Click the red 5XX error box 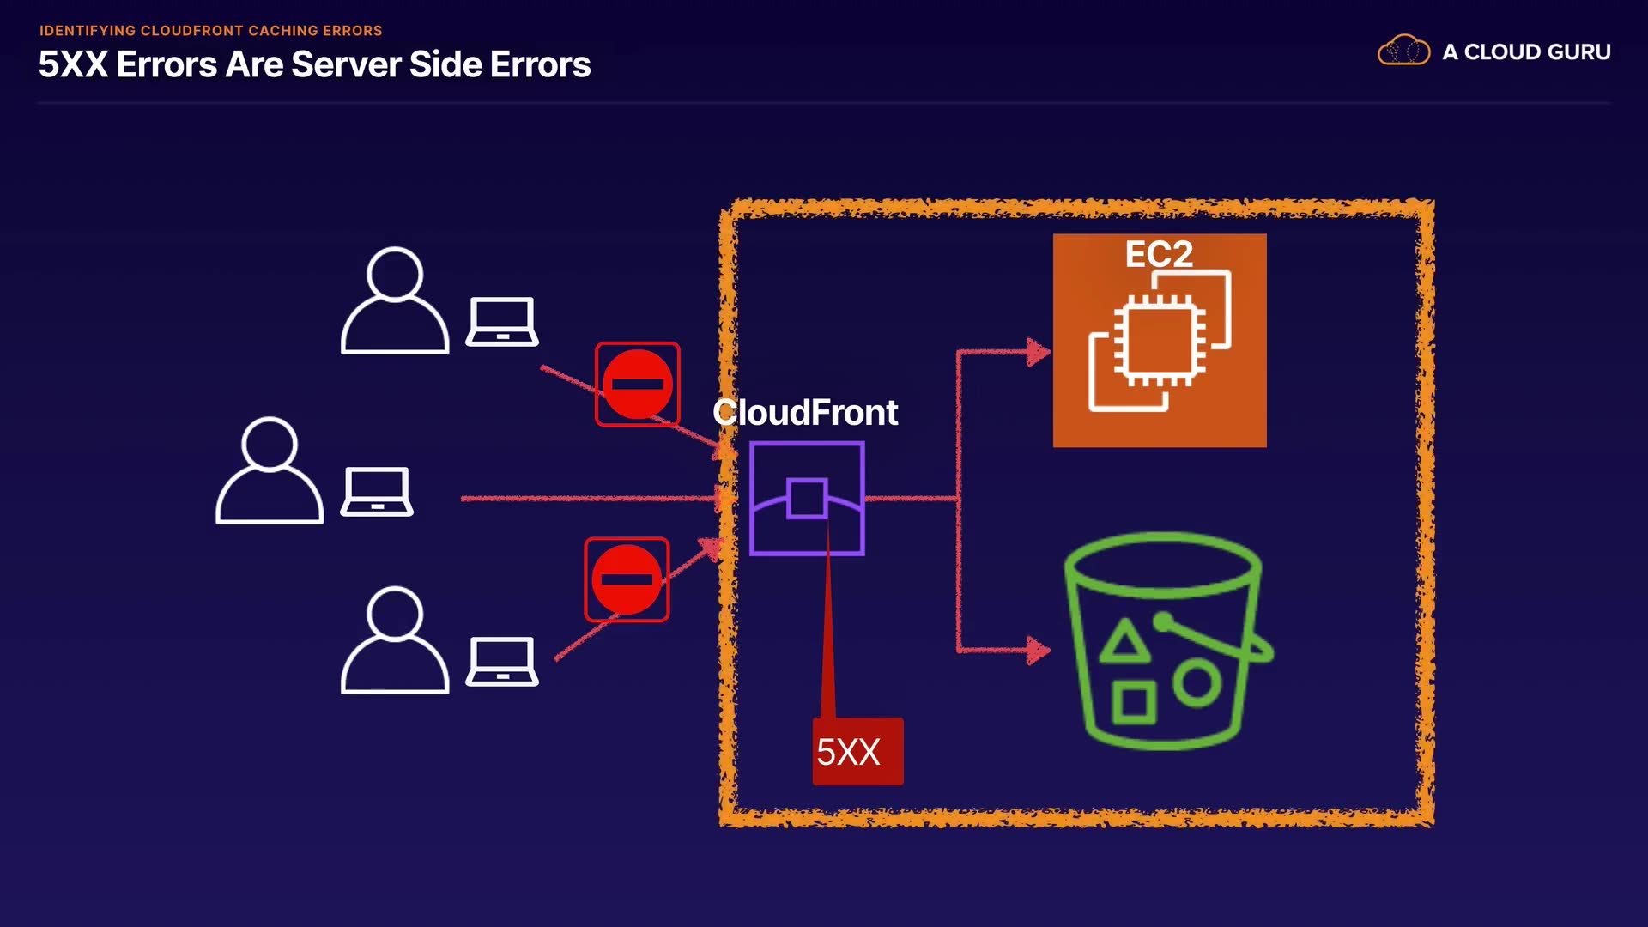(x=857, y=751)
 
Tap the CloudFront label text (x=805, y=413)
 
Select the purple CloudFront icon (x=807, y=499)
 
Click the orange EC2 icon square (x=1160, y=341)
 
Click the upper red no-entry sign (x=638, y=384)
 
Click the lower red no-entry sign (x=627, y=579)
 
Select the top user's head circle (x=395, y=273)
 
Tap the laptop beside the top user (x=502, y=322)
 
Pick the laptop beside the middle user (x=377, y=492)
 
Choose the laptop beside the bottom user (x=502, y=662)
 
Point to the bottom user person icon (x=395, y=640)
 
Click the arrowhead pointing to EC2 (x=1039, y=352)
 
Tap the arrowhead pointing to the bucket (x=1039, y=650)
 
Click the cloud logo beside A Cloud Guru (x=1403, y=51)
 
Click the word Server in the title (x=346, y=65)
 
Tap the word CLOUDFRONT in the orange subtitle (x=192, y=31)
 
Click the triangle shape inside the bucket (x=1124, y=642)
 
